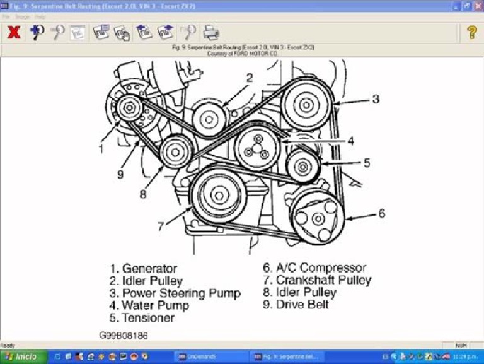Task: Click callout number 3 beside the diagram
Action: point(376,99)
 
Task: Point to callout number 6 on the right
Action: point(381,214)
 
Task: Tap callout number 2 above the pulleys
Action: point(250,78)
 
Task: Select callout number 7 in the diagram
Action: point(161,225)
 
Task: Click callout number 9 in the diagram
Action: point(120,173)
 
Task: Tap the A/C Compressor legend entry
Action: point(314,268)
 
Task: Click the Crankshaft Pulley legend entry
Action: point(318,280)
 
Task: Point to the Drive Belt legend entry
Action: point(296,305)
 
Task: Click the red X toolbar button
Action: point(13,33)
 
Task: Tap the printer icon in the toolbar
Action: point(211,33)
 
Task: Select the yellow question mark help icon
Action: point(471,33)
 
